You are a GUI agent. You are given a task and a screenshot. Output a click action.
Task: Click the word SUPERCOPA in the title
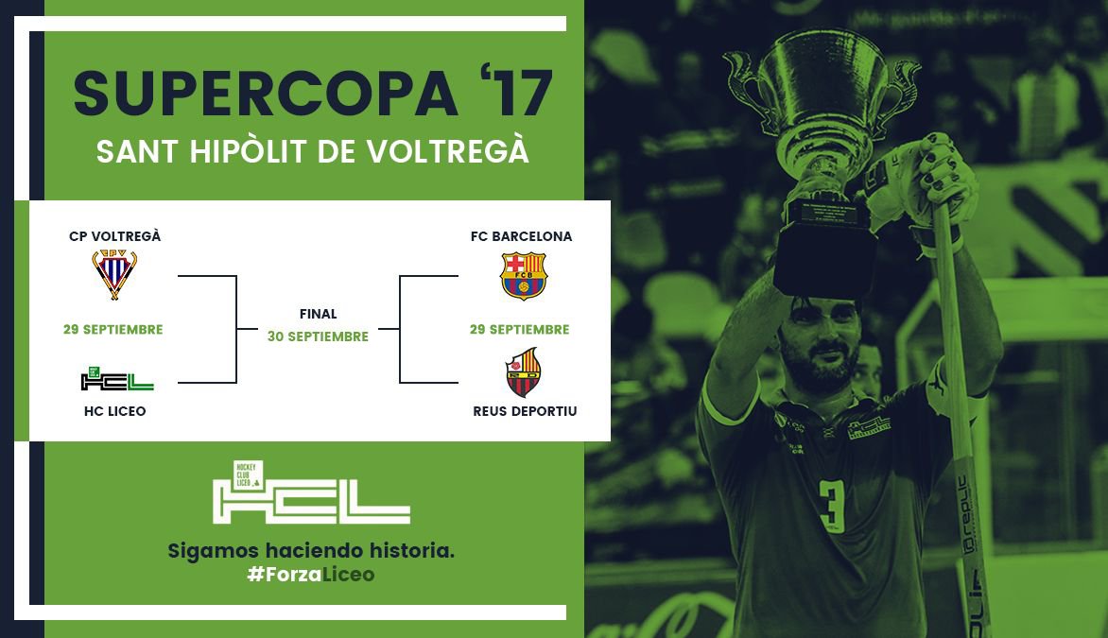pos(266,94)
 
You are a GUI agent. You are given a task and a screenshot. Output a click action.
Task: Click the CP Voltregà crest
pos(114,274)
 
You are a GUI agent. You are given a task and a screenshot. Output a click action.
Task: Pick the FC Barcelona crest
pos(524,276)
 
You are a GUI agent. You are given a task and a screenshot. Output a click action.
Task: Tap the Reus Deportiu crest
pos(524,372)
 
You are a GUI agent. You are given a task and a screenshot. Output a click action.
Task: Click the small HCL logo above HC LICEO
pos(117,379)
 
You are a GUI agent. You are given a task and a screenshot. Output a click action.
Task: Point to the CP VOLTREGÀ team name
pos(115,236)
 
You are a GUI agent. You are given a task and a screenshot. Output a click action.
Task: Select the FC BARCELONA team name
pos(522,236)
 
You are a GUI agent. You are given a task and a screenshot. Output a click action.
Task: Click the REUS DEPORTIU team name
pos(525,411)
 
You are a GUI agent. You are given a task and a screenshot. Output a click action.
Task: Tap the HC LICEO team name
pos(115,411)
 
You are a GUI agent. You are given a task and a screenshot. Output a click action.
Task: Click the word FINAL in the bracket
pos(318,314)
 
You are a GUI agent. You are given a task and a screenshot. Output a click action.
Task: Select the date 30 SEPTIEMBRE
pos(318,336)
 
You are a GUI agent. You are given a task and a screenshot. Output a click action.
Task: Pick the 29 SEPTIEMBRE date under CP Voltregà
pos(113,329)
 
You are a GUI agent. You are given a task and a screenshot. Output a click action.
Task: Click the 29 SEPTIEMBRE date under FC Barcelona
pos(519,329)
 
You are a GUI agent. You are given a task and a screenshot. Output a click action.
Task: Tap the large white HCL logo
pos(311,493)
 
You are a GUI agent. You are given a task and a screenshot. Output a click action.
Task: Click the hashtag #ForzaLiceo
pos(311,575)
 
